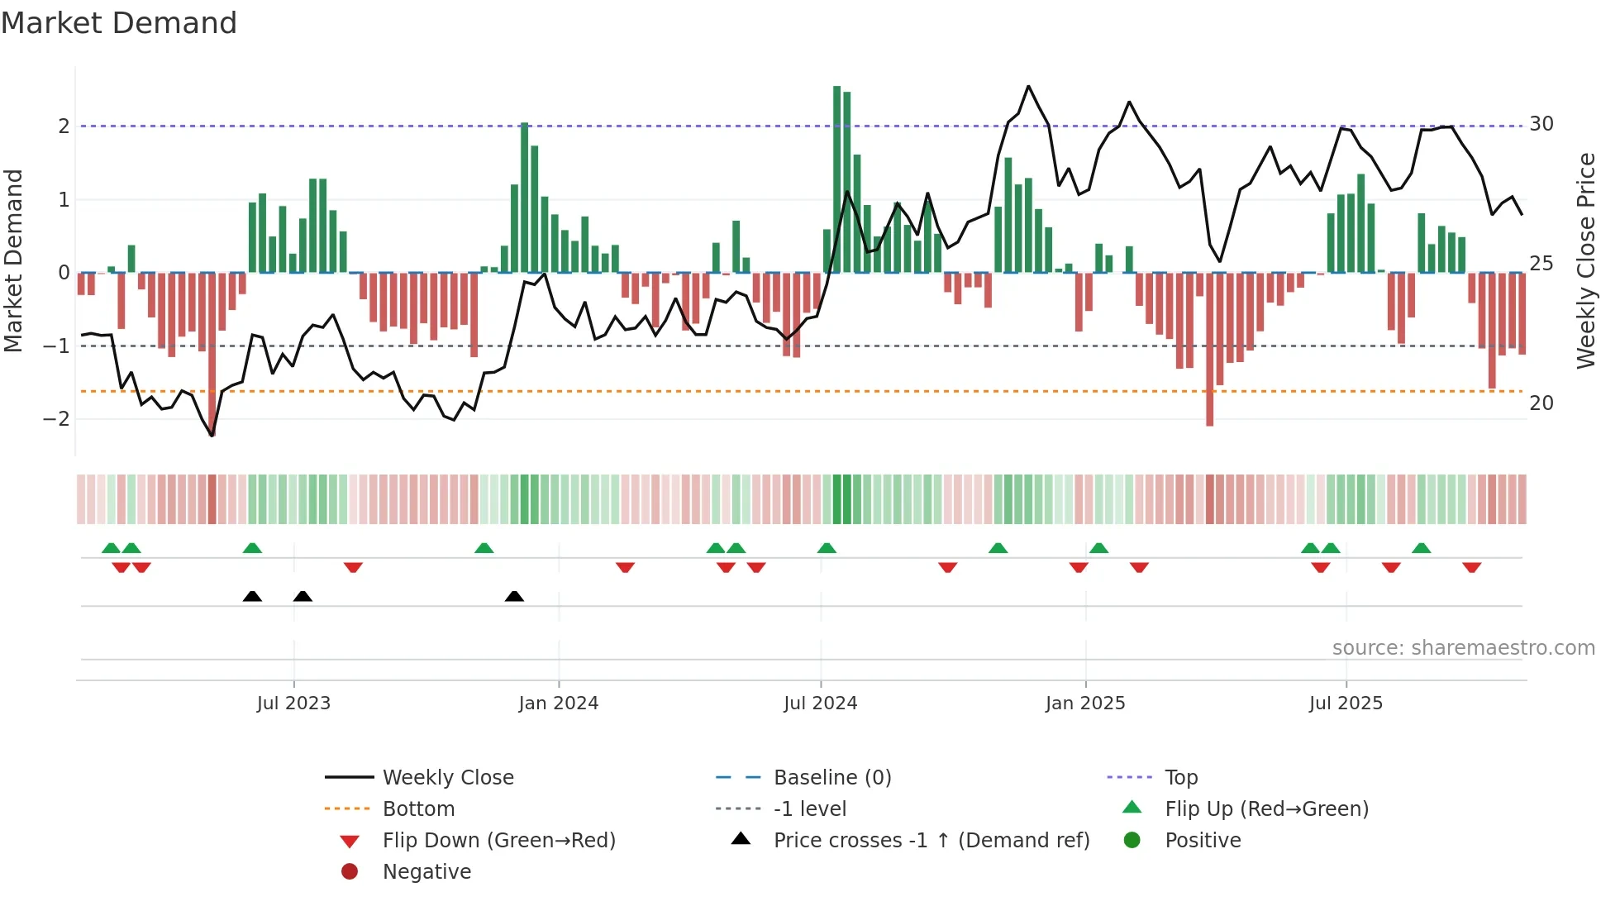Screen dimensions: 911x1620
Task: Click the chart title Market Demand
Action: point(119,23)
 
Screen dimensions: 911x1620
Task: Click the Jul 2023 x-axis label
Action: point(293,704)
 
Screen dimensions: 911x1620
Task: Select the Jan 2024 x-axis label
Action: point(558,704)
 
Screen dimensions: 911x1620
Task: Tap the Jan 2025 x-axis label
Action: point(1084,704)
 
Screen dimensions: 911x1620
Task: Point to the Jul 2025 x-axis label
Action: point(1346,704)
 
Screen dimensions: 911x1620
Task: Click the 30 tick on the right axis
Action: point(1541,124)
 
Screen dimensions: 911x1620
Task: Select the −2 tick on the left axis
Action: point(56,419)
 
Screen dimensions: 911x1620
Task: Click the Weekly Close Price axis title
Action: point(1585,260)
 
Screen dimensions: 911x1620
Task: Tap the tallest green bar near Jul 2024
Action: point(836,179)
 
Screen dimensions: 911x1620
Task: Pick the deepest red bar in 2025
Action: point(1209,349)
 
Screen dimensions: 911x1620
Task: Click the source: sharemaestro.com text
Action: point(1463,648)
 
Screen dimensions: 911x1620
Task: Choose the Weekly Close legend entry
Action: point(447,778)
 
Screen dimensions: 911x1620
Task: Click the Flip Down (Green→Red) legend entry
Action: point(498,841)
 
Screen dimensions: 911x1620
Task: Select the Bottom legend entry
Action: point(418,809)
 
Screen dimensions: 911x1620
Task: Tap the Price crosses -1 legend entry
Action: point(931,841)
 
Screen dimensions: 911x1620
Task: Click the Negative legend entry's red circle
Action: point(350,872)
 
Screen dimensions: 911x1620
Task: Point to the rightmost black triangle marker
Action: point(514,597)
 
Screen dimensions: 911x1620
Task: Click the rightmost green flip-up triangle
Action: point(1421,548)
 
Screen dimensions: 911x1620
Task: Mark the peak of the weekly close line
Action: point(1028,86)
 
